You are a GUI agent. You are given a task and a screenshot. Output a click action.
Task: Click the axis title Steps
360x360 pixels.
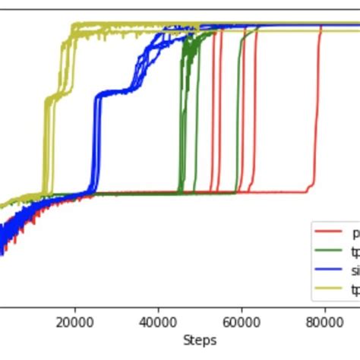point(200,339)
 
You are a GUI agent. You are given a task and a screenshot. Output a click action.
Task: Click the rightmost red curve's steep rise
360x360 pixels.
point(317,114)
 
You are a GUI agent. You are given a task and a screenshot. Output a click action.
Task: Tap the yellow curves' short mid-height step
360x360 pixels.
point(53,96)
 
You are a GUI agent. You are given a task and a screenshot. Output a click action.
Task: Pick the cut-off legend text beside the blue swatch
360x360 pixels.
point(355,270)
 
